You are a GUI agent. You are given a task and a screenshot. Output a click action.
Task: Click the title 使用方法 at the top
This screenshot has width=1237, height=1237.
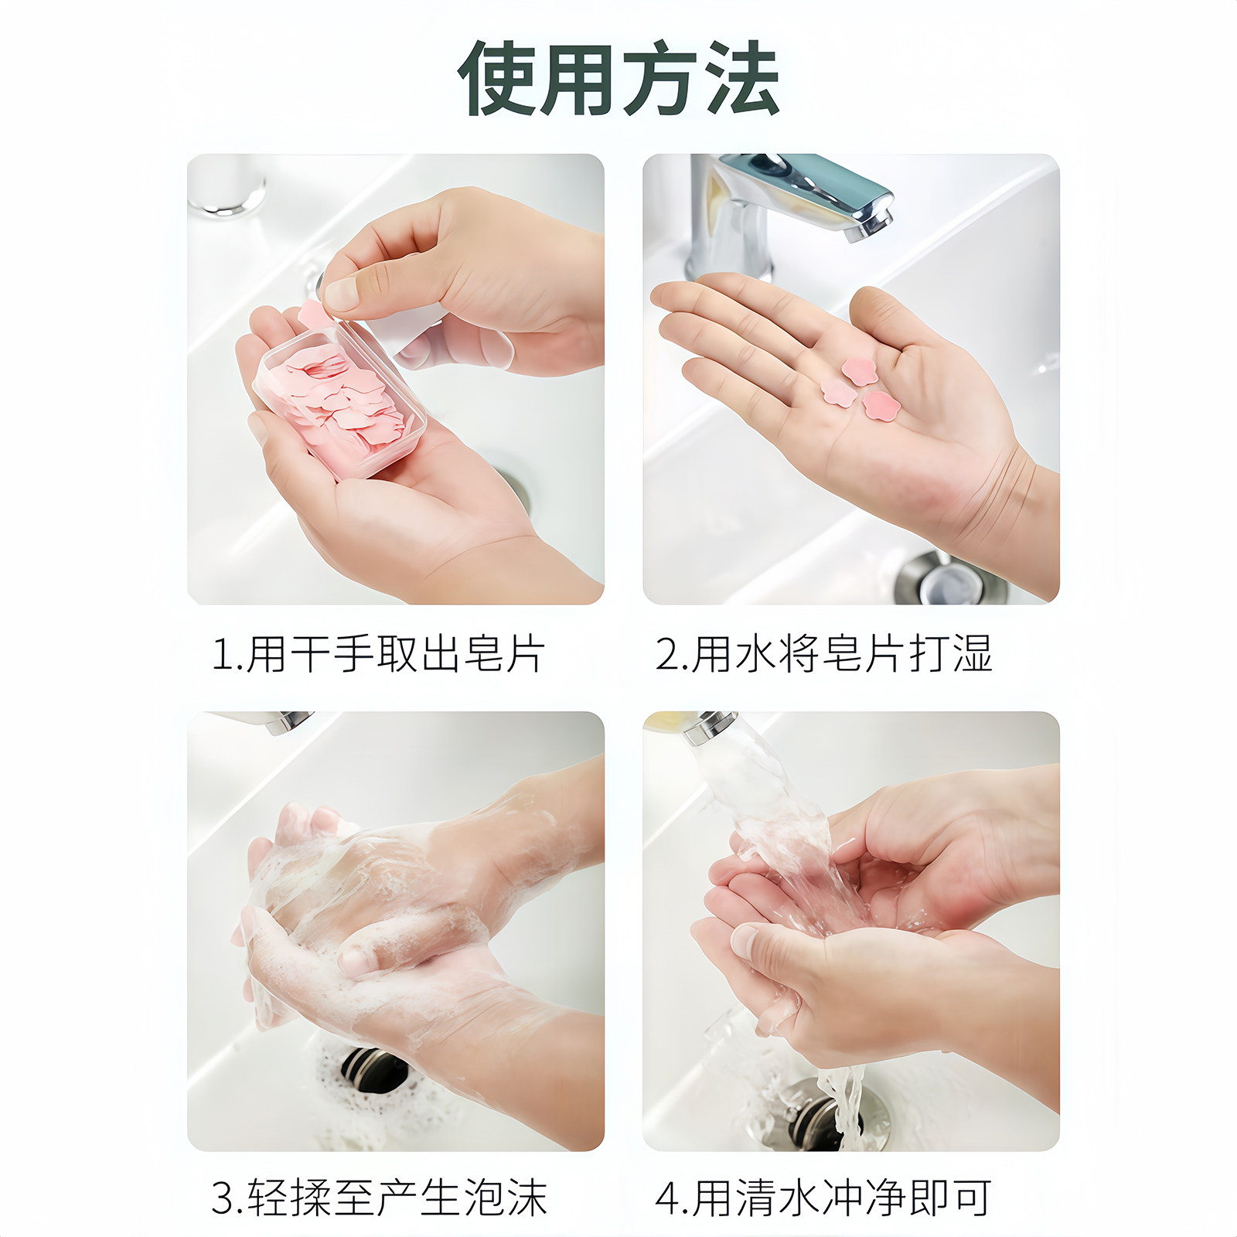click(x=618, y=78)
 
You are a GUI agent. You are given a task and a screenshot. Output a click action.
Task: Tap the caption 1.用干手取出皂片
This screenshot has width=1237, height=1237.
click(x=379, y=654)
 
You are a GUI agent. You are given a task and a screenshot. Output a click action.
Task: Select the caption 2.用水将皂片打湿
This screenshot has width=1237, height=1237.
click(x=824, y=654)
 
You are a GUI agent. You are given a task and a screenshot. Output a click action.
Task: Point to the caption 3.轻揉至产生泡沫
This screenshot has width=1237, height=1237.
click(x=379, y=1198)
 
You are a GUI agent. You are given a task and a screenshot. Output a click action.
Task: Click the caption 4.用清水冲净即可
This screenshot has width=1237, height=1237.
click(x=824, y=1198)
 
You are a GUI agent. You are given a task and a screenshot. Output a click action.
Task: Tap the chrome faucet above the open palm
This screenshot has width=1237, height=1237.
click(x=789, y=209)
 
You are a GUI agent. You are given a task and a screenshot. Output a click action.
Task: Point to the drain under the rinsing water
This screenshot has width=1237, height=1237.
click(x=820, y=1113)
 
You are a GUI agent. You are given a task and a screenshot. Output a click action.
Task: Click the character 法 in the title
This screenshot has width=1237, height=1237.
click(x=743, y=78)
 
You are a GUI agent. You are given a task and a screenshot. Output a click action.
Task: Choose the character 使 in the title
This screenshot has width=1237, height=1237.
click(x=496, y=78)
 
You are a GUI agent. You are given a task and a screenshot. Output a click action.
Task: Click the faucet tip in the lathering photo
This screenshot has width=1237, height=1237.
click(x=290, y=722)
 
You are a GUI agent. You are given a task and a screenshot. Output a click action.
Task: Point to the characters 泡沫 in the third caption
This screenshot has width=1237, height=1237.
click(x=506, y=1198)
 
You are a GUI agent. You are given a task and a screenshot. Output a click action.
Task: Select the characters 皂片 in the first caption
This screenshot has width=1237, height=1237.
click(x=506, y=654)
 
